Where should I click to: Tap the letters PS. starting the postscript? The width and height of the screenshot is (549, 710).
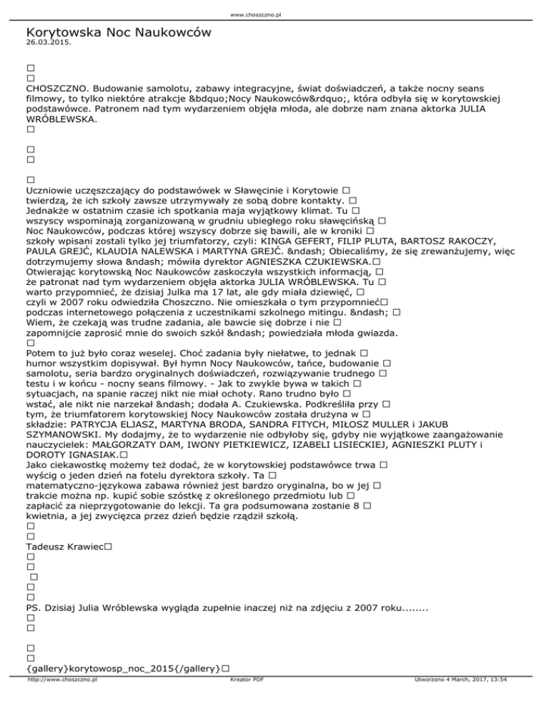tap(34, 608)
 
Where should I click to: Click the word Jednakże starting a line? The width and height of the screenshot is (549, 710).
tap(50, 211)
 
